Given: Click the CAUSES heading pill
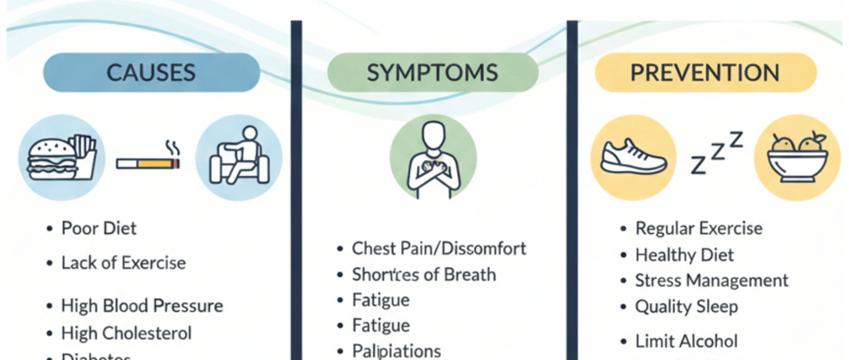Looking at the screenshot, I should tap(150, 71).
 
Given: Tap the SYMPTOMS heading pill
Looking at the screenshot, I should tap(432, 71).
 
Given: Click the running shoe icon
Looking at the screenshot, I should tap(633, 156).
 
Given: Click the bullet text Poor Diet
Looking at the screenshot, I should tap(99, 228).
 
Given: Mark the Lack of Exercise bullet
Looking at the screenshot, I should tap(123, 263).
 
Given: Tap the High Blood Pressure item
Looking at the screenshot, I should tap(142, 306).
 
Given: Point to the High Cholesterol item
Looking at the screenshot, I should tap(126, 333).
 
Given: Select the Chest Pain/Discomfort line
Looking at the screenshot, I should tap(439, 248).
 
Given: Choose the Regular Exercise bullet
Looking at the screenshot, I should tap(698, 228).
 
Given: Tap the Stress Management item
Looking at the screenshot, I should tap(711, 280).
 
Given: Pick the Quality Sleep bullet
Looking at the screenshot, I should tap(686, 307).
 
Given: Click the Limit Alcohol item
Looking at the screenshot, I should tap(686, 341).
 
